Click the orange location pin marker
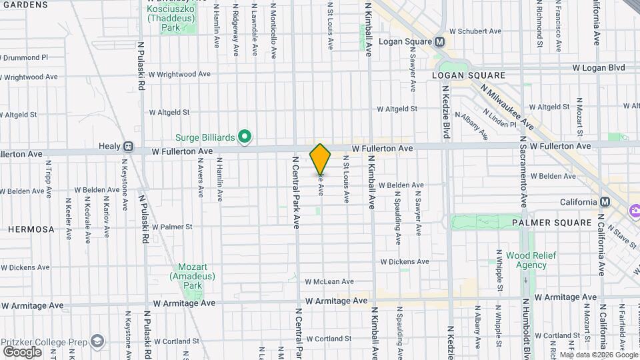tap(320, 159)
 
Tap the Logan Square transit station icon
tap(439, 41)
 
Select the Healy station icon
tap(127, 146)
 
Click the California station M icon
tap(605, 202)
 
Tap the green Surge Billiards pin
tap(245, 137)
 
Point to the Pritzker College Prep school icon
tap(97, 341)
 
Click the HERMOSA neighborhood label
tap(31, 229)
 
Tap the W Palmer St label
tap(171, 227)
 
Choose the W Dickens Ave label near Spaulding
tap(404, 262)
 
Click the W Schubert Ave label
tap(475, 31)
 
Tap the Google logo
tap(22, 351)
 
